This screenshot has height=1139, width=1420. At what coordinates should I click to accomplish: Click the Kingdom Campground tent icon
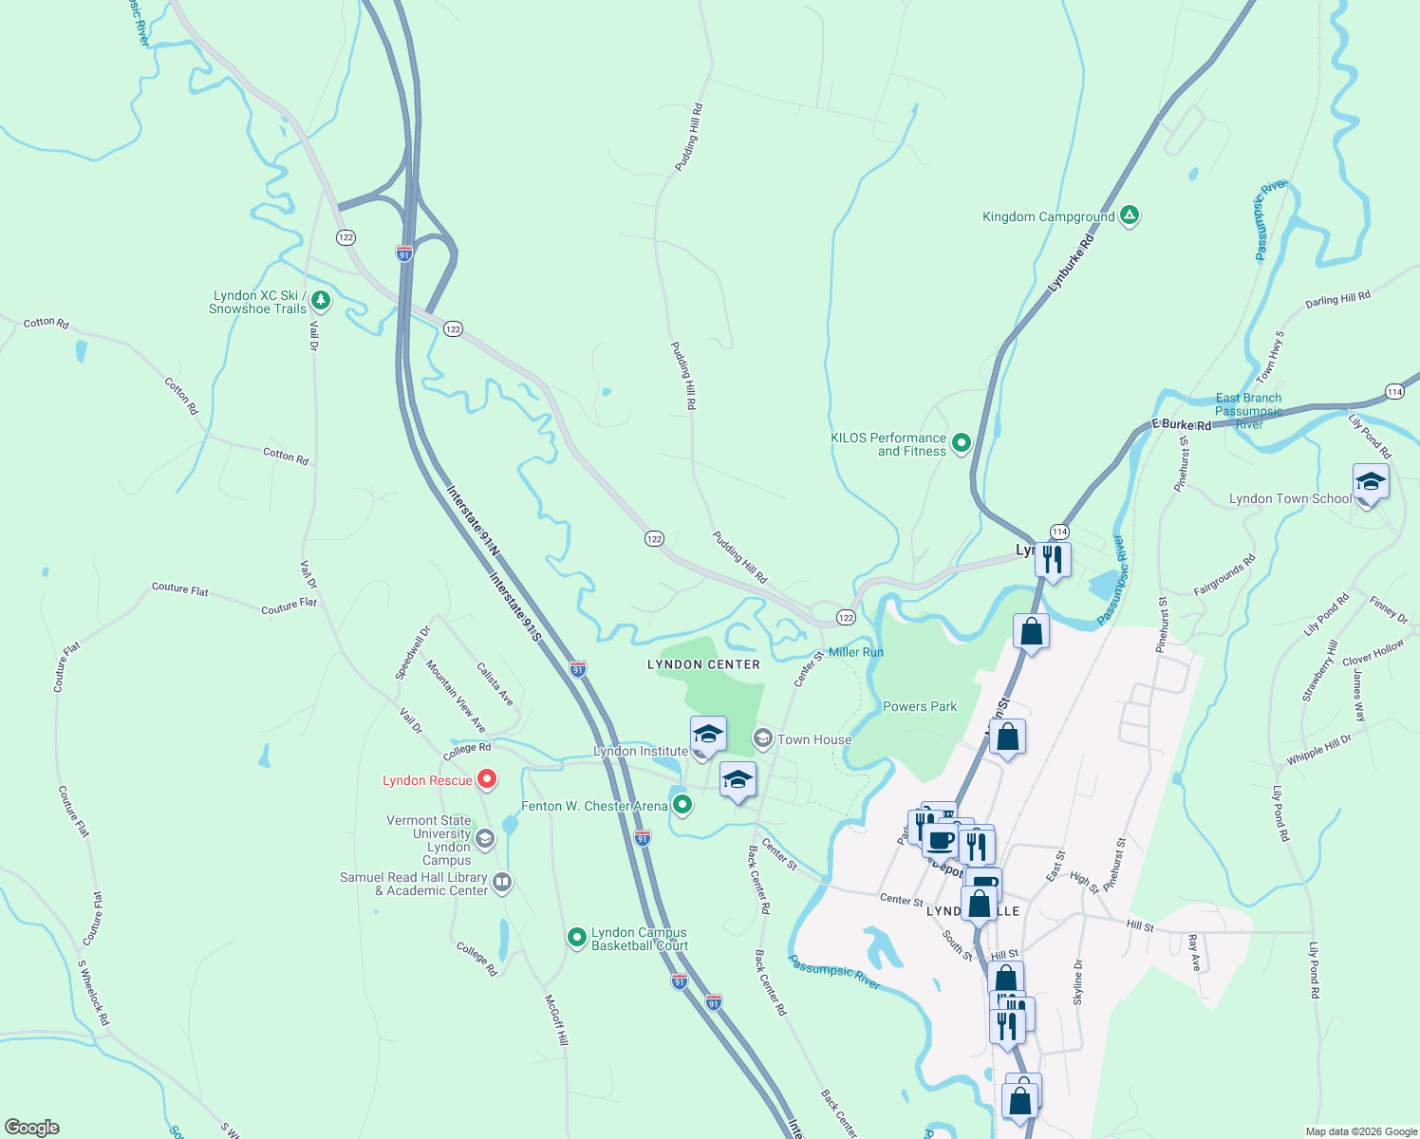tap(1129, 215)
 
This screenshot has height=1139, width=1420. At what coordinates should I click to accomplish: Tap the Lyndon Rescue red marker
tap(487, 779)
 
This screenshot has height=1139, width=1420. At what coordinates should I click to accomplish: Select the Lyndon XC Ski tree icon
tap(321, 301)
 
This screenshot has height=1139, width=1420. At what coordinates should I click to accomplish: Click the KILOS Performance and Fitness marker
tap(962, 443)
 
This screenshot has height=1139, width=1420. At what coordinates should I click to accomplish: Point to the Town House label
tap(813, 739)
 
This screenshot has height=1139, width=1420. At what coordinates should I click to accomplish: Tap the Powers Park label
tap(919, 706)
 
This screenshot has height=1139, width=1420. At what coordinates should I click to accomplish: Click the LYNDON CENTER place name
tap(703, 664)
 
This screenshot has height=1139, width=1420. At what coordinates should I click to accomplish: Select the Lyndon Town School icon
tap(1370, 484)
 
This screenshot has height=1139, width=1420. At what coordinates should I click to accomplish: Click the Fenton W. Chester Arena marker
tap(682, 806)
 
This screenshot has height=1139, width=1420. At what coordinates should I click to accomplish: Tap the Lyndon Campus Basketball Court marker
tap(576, 938)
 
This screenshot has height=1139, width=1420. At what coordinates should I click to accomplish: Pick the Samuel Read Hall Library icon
tap(502, 883)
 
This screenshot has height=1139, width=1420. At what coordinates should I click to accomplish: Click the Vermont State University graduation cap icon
tap(485, 839)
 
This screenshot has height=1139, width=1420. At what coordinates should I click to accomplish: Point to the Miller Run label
tap(855, 652)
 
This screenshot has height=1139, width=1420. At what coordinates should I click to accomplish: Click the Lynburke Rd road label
tap(1071, 263)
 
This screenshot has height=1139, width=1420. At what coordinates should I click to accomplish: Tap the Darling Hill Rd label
tap(1337, 300)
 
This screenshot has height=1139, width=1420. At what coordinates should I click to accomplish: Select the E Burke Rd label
tap(1181, 424)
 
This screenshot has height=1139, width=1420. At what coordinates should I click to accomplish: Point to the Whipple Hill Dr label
tap(1318, 750)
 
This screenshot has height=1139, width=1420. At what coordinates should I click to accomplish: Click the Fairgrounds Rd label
tap(1224, 575)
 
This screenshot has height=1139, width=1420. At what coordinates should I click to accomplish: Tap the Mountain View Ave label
tap(456, 697)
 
